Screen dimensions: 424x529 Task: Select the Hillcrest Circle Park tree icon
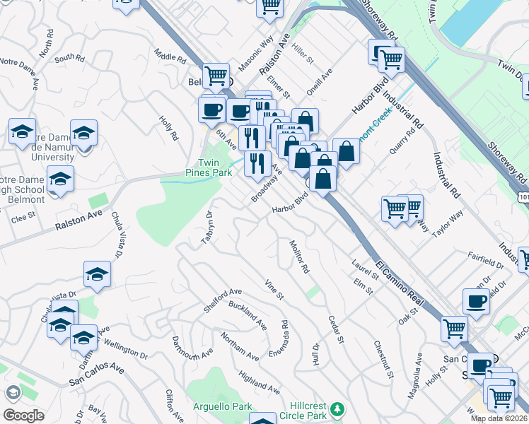[x=338, y=408]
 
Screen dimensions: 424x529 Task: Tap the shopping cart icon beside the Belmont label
[x=216, y=75]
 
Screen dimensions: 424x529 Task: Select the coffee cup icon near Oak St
[x=476, y=301]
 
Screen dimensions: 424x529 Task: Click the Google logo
[x=23, y=415]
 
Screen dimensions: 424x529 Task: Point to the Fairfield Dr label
[x=485, y=261]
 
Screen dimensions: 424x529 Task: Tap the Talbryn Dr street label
[x=207, y=228]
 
